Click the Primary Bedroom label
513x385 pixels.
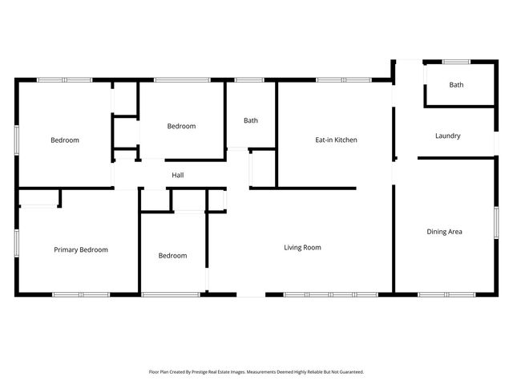(x=81, y=249)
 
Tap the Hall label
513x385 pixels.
(x=178, y=174)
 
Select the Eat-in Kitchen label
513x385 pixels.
(x=336, y=140)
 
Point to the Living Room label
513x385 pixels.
(x=302, y=247)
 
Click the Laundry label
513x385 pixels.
(x=447, y=136)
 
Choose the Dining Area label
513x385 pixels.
(x=444, y=232)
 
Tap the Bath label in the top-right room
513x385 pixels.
(x=456, y=84)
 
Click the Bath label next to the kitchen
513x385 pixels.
(x=251, y=120)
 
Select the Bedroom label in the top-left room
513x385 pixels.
(x=65, y=140)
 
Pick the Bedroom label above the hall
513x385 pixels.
(x=181, y=126)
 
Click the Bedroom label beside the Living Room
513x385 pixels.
(x=172, y=256)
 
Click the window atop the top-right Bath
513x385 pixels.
(x=457, y=61)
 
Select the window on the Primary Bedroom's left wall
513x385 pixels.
(x=16, y=242)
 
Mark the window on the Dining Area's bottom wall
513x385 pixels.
(x=443, y=294)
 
